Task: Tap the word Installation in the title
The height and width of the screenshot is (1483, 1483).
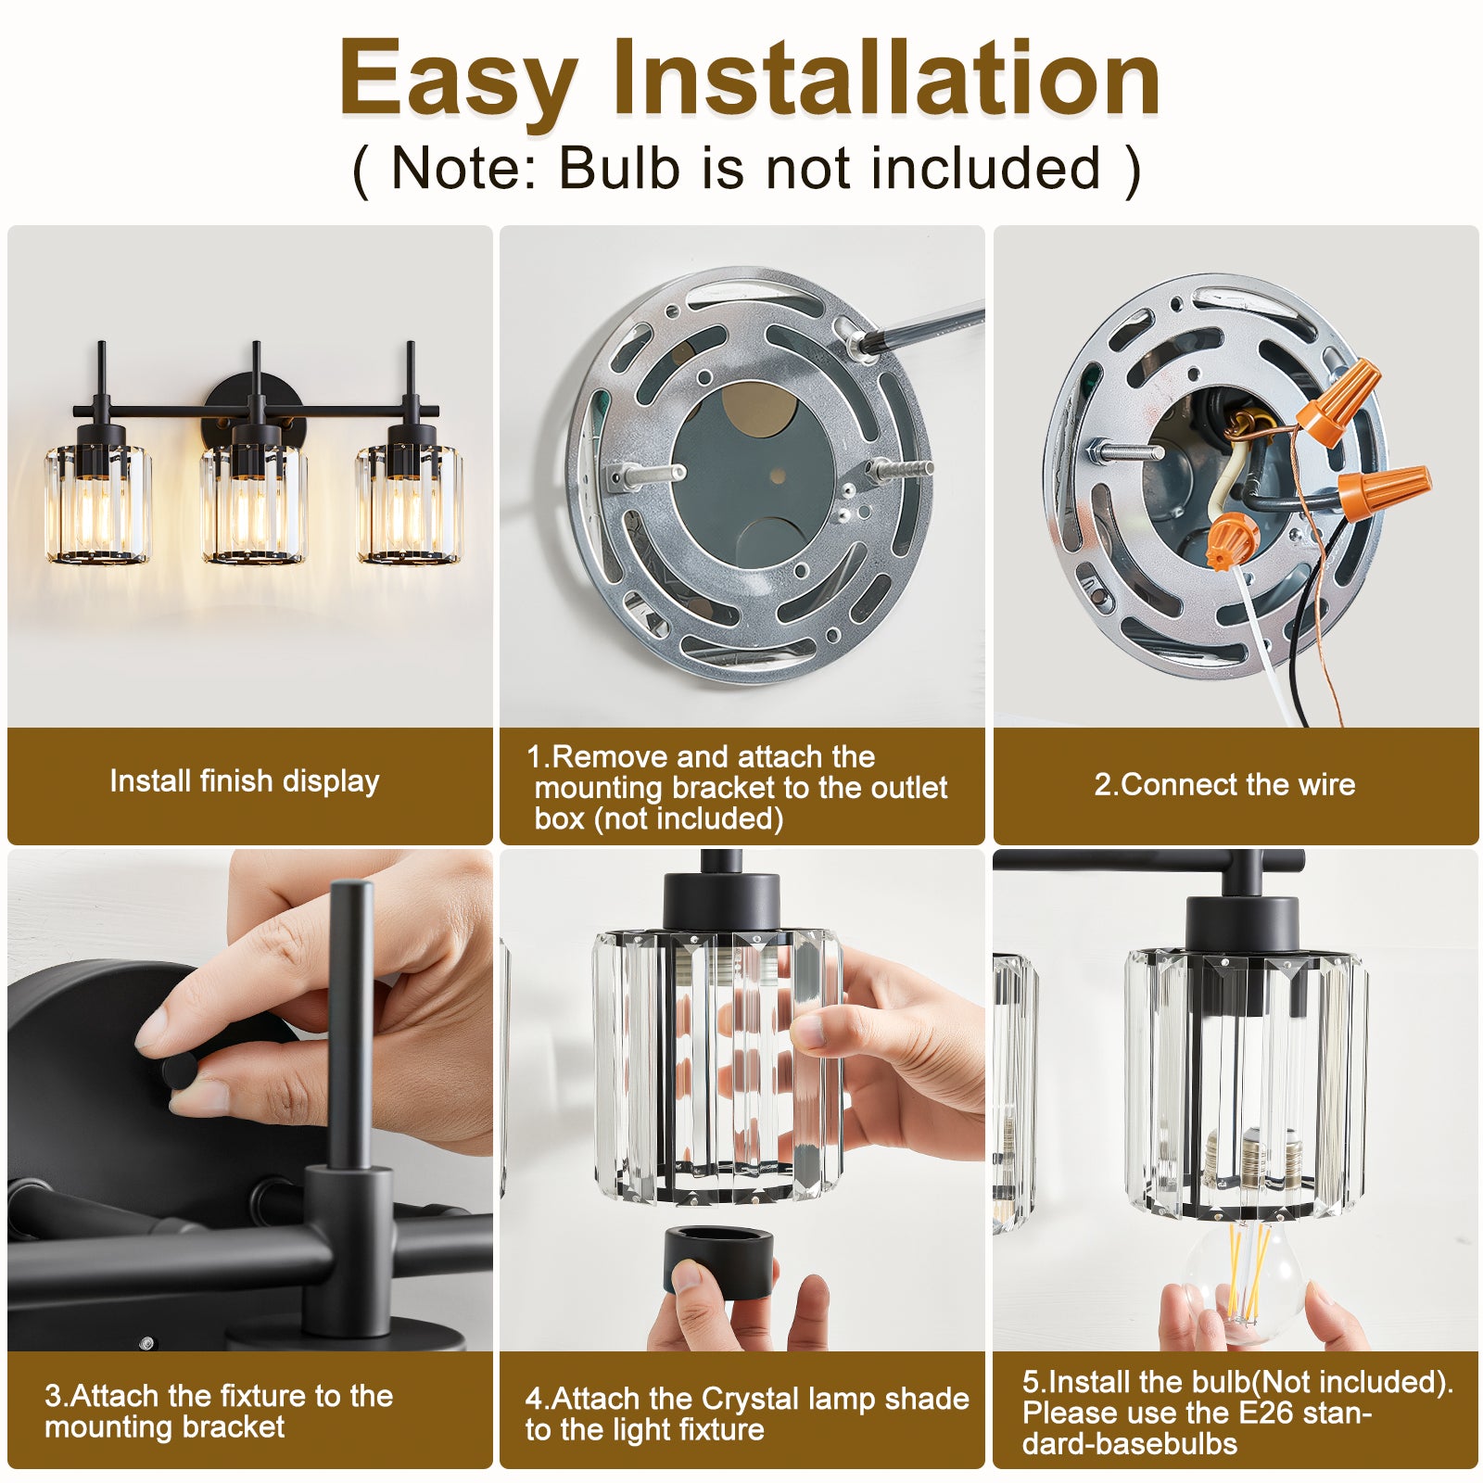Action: click(x=886, y=78)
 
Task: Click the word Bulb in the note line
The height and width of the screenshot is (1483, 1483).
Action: click(x=618, y=168)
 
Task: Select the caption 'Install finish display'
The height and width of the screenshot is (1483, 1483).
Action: click(x=245, y=781)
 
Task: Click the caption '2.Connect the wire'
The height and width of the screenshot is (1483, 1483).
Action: click(x=1224, y=785)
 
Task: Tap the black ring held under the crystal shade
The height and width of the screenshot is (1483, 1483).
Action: click(x=718, y=1261)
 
